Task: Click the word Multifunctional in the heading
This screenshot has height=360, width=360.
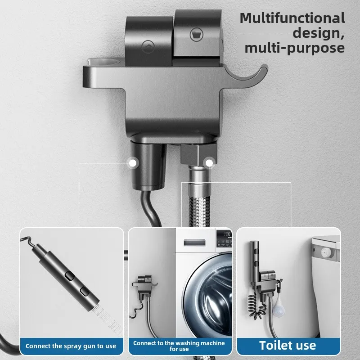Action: pos(292,18)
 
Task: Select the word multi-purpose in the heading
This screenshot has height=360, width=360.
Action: pos(294,48)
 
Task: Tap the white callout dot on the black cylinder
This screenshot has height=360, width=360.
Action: pos(133,162)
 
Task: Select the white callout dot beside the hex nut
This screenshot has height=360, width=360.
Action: pos(209,162)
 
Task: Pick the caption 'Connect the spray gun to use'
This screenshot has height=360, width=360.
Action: pos(71,346)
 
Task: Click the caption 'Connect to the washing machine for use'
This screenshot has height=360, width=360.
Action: pos(179,346)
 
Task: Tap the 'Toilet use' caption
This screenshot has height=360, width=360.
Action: pos(288,346)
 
